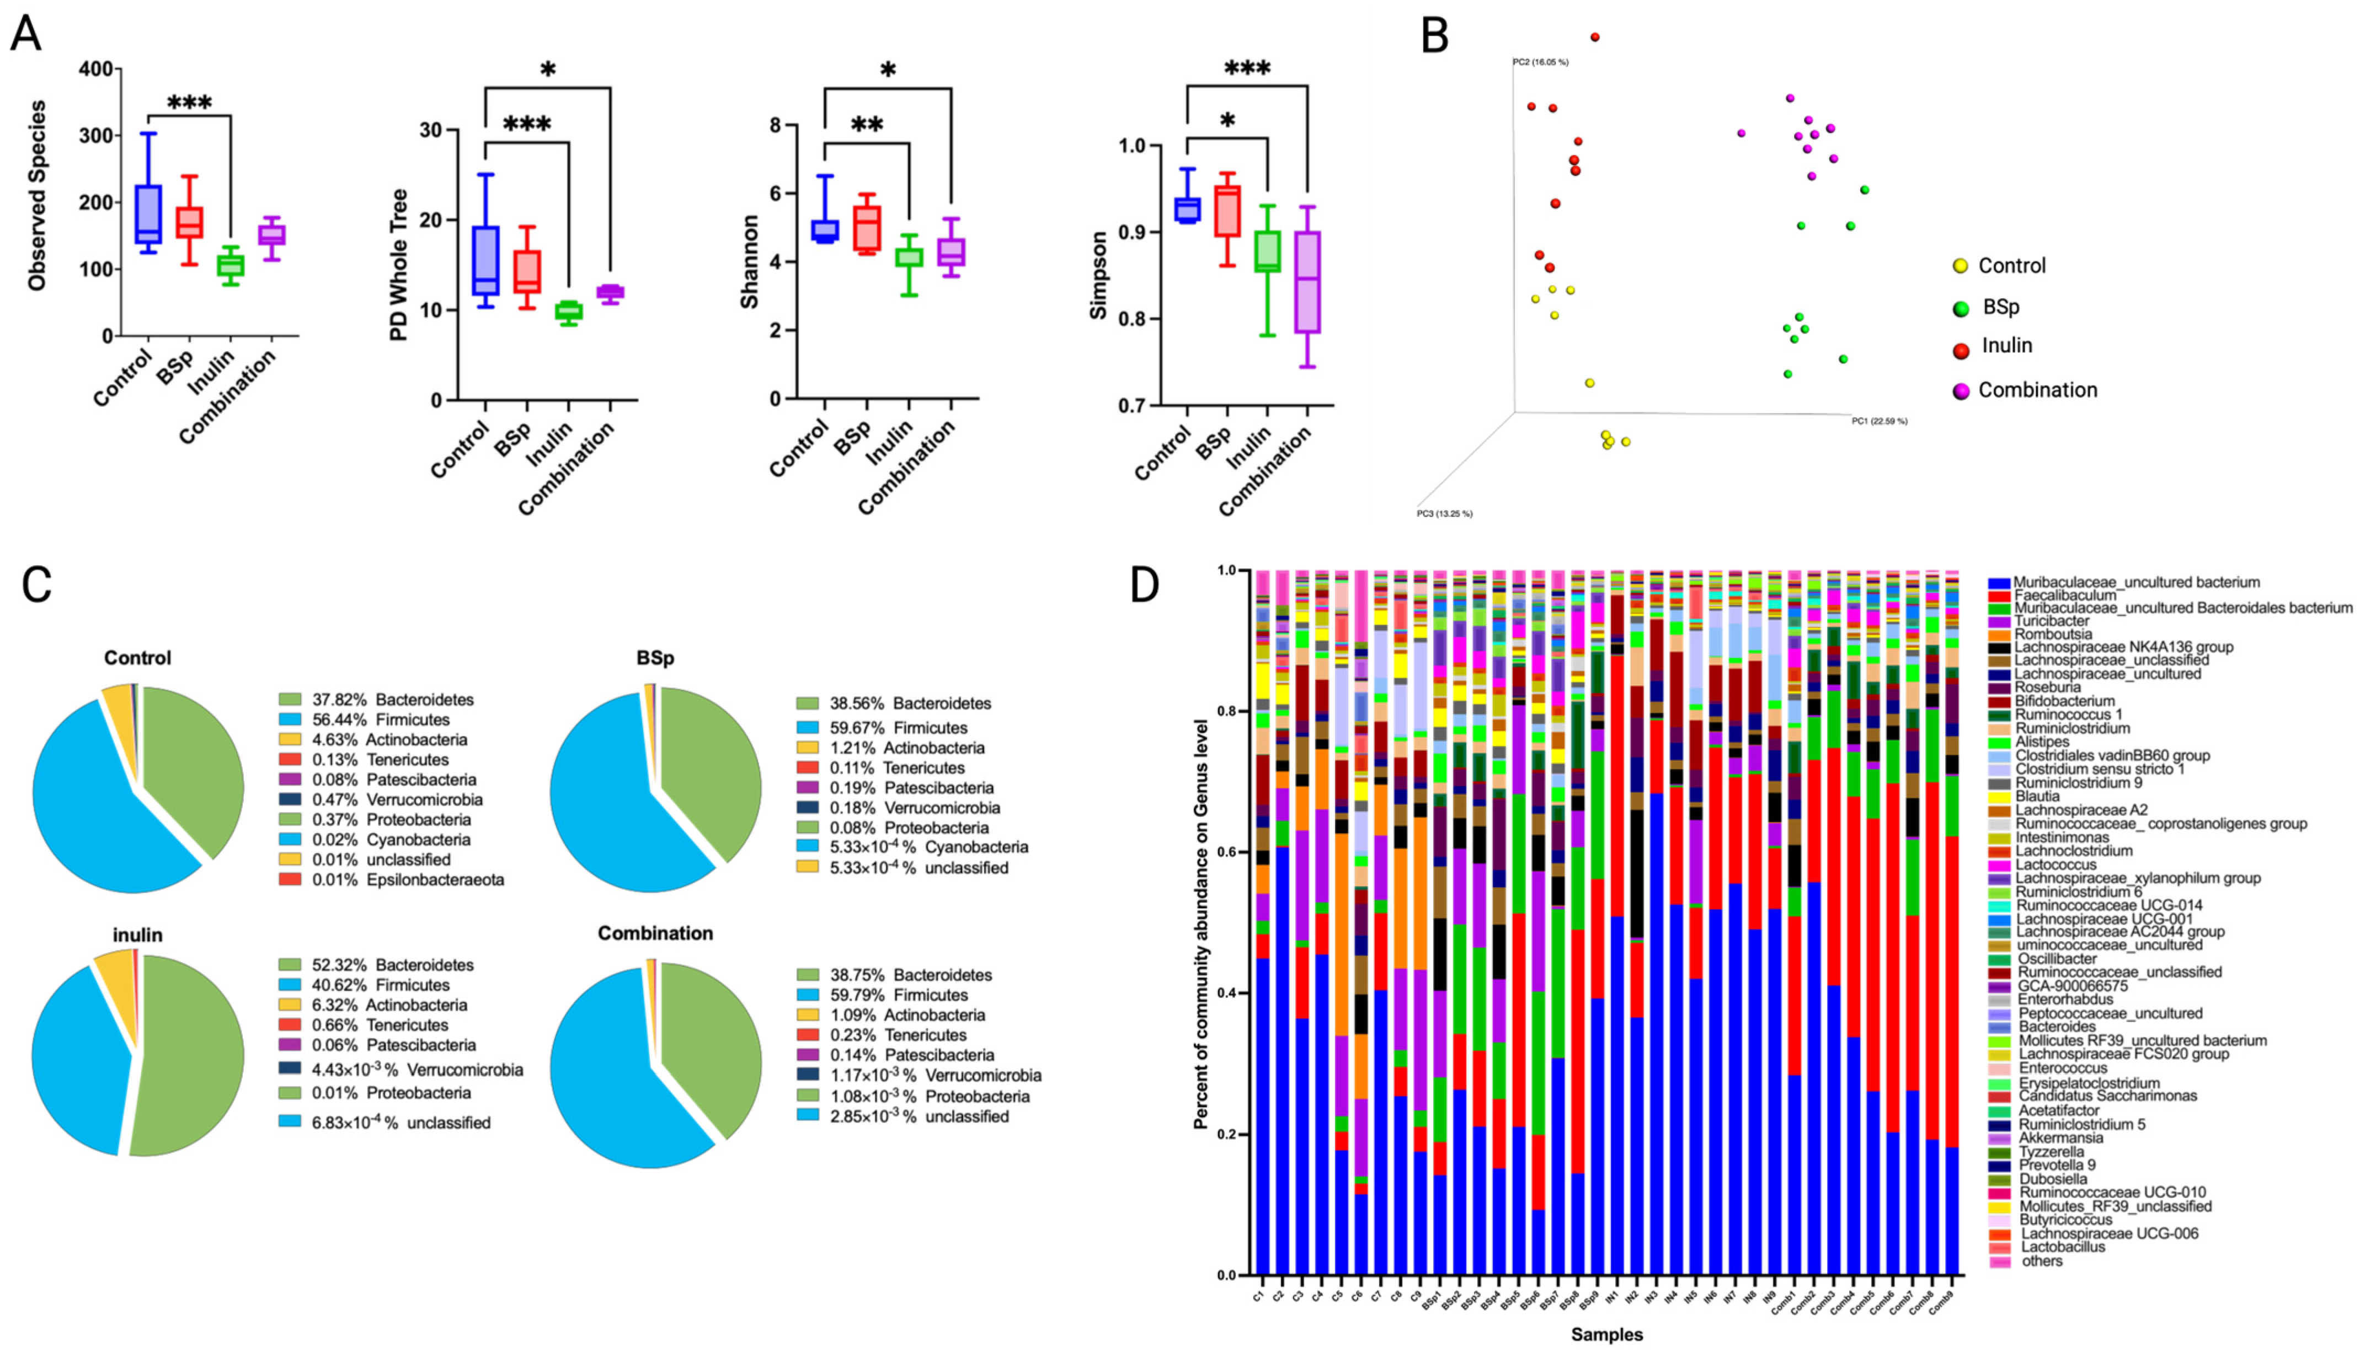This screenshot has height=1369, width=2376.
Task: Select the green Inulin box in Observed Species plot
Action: (231, 265)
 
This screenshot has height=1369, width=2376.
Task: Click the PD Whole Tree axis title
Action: (399, 265)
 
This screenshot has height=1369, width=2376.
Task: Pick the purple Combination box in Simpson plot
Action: (1307, 282)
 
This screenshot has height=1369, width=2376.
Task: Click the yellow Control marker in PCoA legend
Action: (1960, 266)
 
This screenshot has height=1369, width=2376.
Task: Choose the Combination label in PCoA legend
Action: (2037, 390)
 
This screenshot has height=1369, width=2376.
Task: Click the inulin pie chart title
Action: (137, 935)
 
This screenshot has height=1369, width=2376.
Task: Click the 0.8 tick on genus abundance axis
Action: (1226, 711)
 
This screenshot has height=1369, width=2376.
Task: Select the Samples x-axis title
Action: (1606, 1334)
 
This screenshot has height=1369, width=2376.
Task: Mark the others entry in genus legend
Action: (2041, 1261)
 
